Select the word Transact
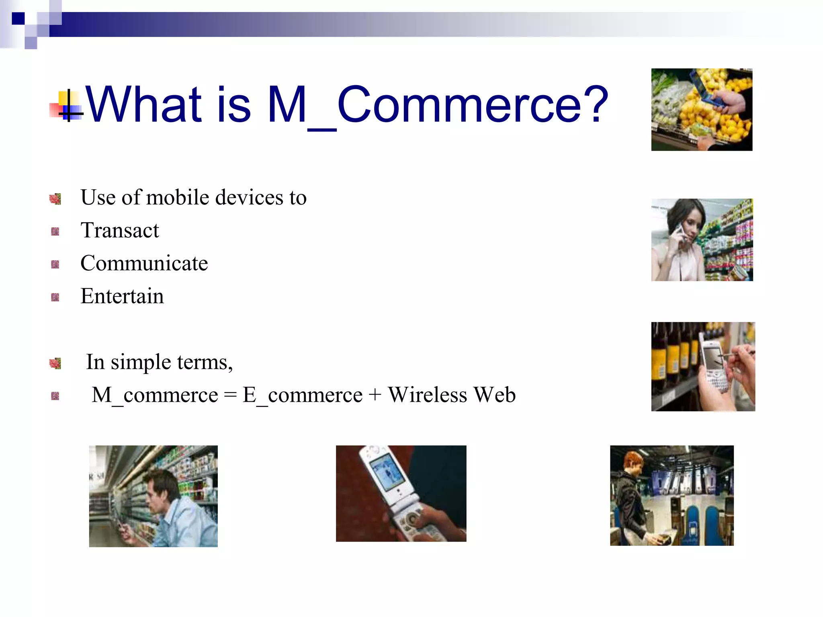click(x=120, y=231)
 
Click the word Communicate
click(x=144, y=264)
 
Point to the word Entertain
click(x=122, y=296)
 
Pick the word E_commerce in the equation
click(x=302, y=395)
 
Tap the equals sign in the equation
click(x=230, y=395)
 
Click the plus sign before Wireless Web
click(x=375, y=395)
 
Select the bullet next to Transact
click(x=55, y=231)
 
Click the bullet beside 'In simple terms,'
click(x=55, y=363)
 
